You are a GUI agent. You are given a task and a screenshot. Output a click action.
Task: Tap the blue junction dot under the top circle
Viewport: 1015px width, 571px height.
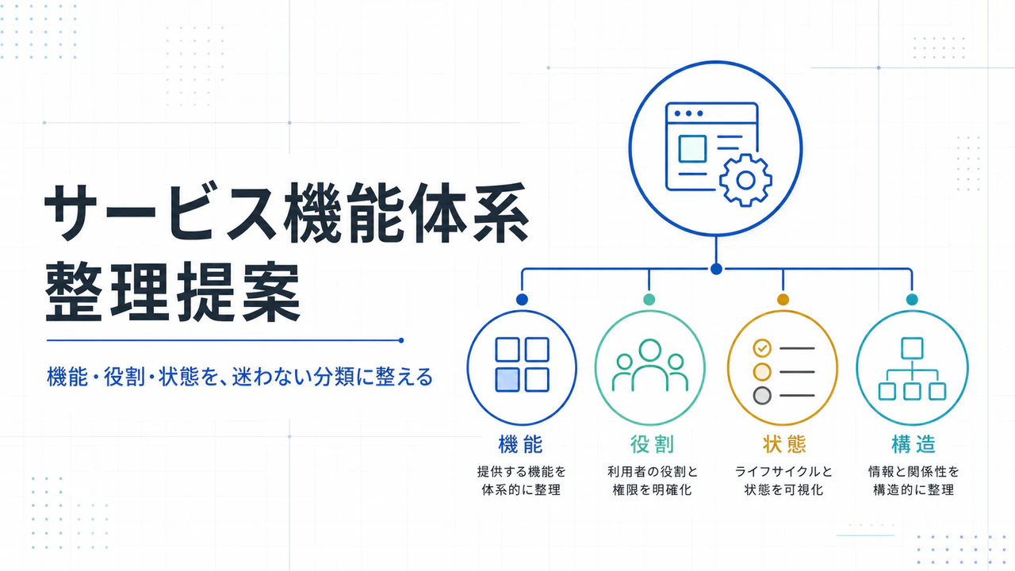pos(716,269)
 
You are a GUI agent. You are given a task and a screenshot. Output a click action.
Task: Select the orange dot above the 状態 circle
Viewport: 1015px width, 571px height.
pos(783,300)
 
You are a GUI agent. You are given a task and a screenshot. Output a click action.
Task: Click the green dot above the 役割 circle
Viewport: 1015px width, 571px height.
pos(649,300)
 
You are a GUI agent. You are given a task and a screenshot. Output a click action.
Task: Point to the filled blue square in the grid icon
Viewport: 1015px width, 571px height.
pos(507,380)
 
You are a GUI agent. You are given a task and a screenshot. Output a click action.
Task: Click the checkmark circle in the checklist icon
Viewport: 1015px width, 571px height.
pos(762,348)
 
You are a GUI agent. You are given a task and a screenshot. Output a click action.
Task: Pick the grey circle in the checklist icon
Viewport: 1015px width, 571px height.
pos(762,396)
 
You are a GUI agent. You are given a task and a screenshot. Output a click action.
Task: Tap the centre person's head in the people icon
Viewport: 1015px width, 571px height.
pos(650,351)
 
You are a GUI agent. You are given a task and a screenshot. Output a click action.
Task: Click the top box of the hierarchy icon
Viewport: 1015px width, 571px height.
pos(912,348)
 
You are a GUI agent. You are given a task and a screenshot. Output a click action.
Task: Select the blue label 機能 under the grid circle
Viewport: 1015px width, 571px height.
pos(521,444)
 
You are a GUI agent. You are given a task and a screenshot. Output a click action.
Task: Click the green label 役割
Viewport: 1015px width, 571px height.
pos(652,444)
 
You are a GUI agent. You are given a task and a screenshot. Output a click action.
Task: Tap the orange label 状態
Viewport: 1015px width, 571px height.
pos(784,444)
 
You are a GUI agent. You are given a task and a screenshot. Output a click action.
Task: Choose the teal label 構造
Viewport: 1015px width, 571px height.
pos(913,444)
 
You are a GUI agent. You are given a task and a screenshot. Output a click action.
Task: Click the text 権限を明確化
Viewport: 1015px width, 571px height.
pos(652,490)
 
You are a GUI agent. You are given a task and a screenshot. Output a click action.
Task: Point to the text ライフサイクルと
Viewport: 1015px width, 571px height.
pos(783,472)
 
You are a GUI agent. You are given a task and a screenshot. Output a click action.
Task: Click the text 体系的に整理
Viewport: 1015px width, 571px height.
pos(521,490)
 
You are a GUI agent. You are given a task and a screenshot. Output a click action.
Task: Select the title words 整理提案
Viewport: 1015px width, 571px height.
pos(173,291)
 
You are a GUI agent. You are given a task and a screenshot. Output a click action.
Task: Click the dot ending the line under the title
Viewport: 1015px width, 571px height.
pos(401,340)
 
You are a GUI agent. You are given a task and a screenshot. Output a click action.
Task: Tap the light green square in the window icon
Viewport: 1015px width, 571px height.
pos(692,148)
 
